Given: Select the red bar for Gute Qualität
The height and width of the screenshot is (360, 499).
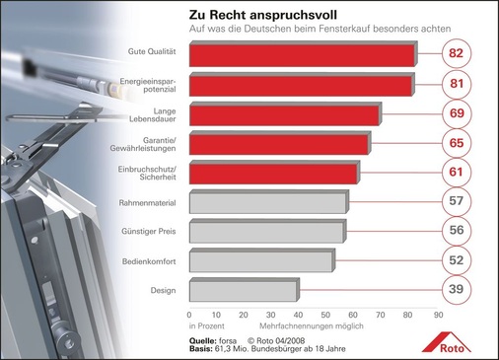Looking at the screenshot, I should pyautogui.click(x=301, y=55).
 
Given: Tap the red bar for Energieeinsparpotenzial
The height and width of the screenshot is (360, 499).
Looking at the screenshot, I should pyautogui.click(x=300, y=86).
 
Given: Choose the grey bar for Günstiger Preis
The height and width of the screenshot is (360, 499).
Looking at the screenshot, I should pyautogui.click(x=266, y=232).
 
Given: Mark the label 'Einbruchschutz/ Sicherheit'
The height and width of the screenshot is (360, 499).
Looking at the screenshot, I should pyautogui.click(x=152, y=174).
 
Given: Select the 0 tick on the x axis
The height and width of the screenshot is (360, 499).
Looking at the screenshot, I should pyautogui.click(x=188, y=316).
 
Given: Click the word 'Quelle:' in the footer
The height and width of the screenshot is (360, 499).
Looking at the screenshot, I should pyautogui.click(x=204, y=337).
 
